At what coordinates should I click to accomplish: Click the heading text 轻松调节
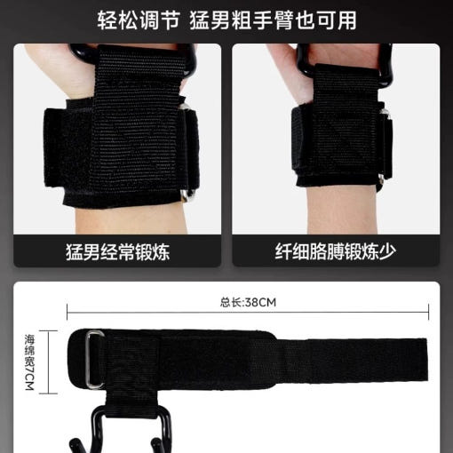click(139, 20)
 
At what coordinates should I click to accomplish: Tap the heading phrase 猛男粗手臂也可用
click(273, 20)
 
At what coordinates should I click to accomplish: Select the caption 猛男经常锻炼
click(117, 252)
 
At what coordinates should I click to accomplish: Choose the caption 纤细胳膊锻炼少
click(336, 252)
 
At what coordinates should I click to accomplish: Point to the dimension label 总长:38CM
click(248, 303)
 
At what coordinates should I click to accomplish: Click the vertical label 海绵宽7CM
click(29, 362)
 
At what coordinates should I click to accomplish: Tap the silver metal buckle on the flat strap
click(94, 359)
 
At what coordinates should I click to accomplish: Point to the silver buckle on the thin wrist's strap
click(385, 145)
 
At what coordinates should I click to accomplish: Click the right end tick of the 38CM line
click(428, 312)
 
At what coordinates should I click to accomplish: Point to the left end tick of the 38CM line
click(68, 312)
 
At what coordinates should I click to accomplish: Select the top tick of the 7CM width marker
click(48, 331)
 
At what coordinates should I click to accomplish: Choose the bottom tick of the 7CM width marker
click(48, 393)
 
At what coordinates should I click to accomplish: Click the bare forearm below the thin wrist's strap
click(342, 211)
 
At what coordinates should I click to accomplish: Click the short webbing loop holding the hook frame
click(132, 401)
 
